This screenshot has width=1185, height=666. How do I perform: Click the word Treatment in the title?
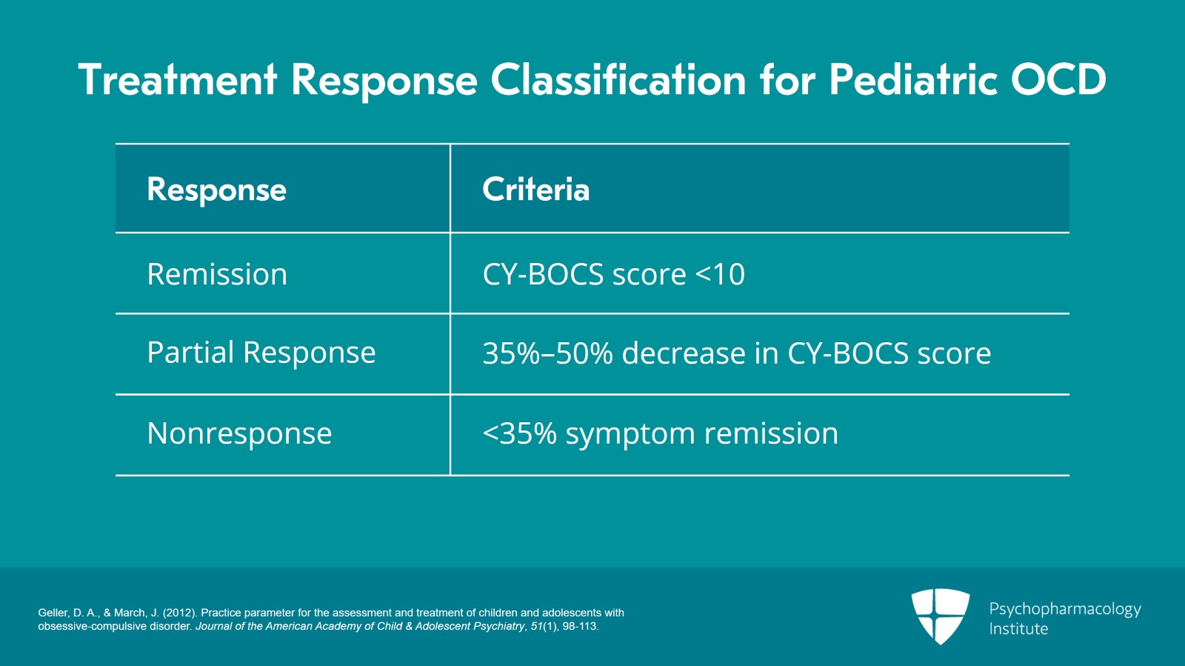point(178,80)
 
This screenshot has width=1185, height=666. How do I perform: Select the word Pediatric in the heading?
point(912,80)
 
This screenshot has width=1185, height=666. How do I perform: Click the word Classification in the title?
point(618,80)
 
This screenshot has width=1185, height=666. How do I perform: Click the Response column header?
point(216,190)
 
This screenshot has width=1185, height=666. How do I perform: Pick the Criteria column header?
point(535,190)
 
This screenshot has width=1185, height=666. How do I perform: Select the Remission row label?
point(217,274)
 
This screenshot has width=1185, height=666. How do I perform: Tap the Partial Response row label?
point(261,353)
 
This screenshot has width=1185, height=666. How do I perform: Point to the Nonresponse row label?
point(239,433)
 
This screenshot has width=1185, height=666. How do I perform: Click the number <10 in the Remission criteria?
point(720,275)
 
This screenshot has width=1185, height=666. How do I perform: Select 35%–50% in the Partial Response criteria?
point(547,353)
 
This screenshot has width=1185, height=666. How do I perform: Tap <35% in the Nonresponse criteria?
point(519,433)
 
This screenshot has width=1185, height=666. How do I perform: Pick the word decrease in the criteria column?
point(683,353)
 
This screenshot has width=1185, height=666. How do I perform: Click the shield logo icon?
point(940,616)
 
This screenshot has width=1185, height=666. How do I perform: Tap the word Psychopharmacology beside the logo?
point(1064,609)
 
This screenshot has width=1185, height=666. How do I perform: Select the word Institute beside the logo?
point(1018,629)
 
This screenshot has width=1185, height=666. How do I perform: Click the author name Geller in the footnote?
point(53,613)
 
